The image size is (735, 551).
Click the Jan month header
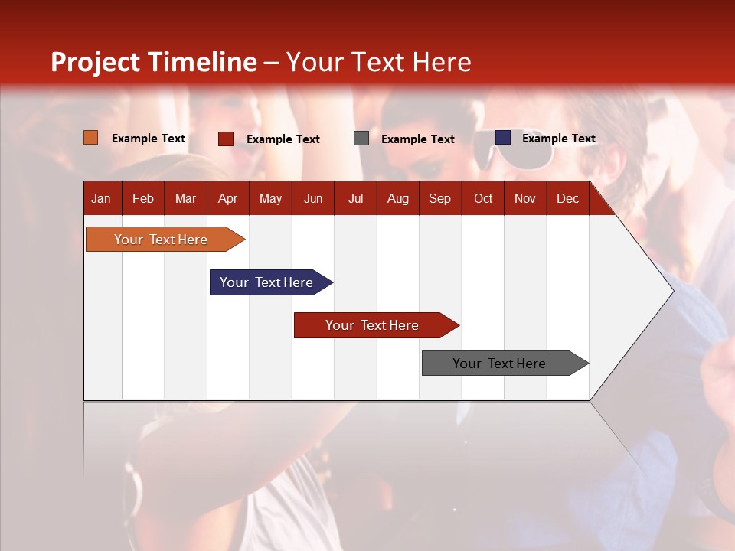pos(101,199)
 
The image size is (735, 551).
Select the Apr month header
pos(227,199)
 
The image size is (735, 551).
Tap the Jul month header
pos(355,199)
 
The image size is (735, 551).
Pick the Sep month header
pos(439,199)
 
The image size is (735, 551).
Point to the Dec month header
pos(567,199)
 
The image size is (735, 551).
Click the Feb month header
pos(143,199)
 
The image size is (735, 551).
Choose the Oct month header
pos(483,199)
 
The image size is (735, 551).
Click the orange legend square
pos(90,138)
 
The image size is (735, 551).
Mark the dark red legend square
pos(225,139)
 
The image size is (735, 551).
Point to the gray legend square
pos(361,139)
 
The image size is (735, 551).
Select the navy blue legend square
pos(502,138)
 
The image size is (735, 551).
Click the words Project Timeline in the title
pos(153,62)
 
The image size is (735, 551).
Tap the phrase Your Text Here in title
pos(378,62)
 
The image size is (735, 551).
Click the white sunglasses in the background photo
pos(511,148)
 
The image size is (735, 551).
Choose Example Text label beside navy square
pos(558,139)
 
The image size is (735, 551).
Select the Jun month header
pos(313,199)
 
